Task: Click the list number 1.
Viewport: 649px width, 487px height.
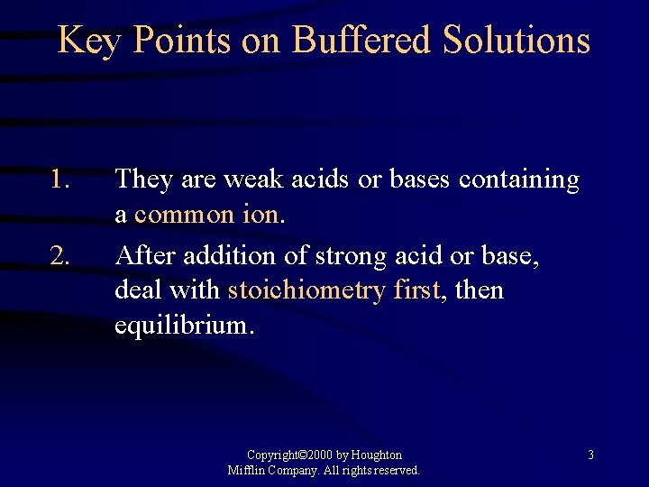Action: (x=60, y=180)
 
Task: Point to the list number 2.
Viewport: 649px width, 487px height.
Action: (x=60, y=257)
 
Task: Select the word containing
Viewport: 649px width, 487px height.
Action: (x=519, y=180)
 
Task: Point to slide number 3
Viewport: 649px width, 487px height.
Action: (x=590, y=455)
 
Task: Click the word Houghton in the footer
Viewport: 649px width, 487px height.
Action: (x=376, y=455)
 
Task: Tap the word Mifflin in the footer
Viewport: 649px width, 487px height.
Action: (x=247, y=470)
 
